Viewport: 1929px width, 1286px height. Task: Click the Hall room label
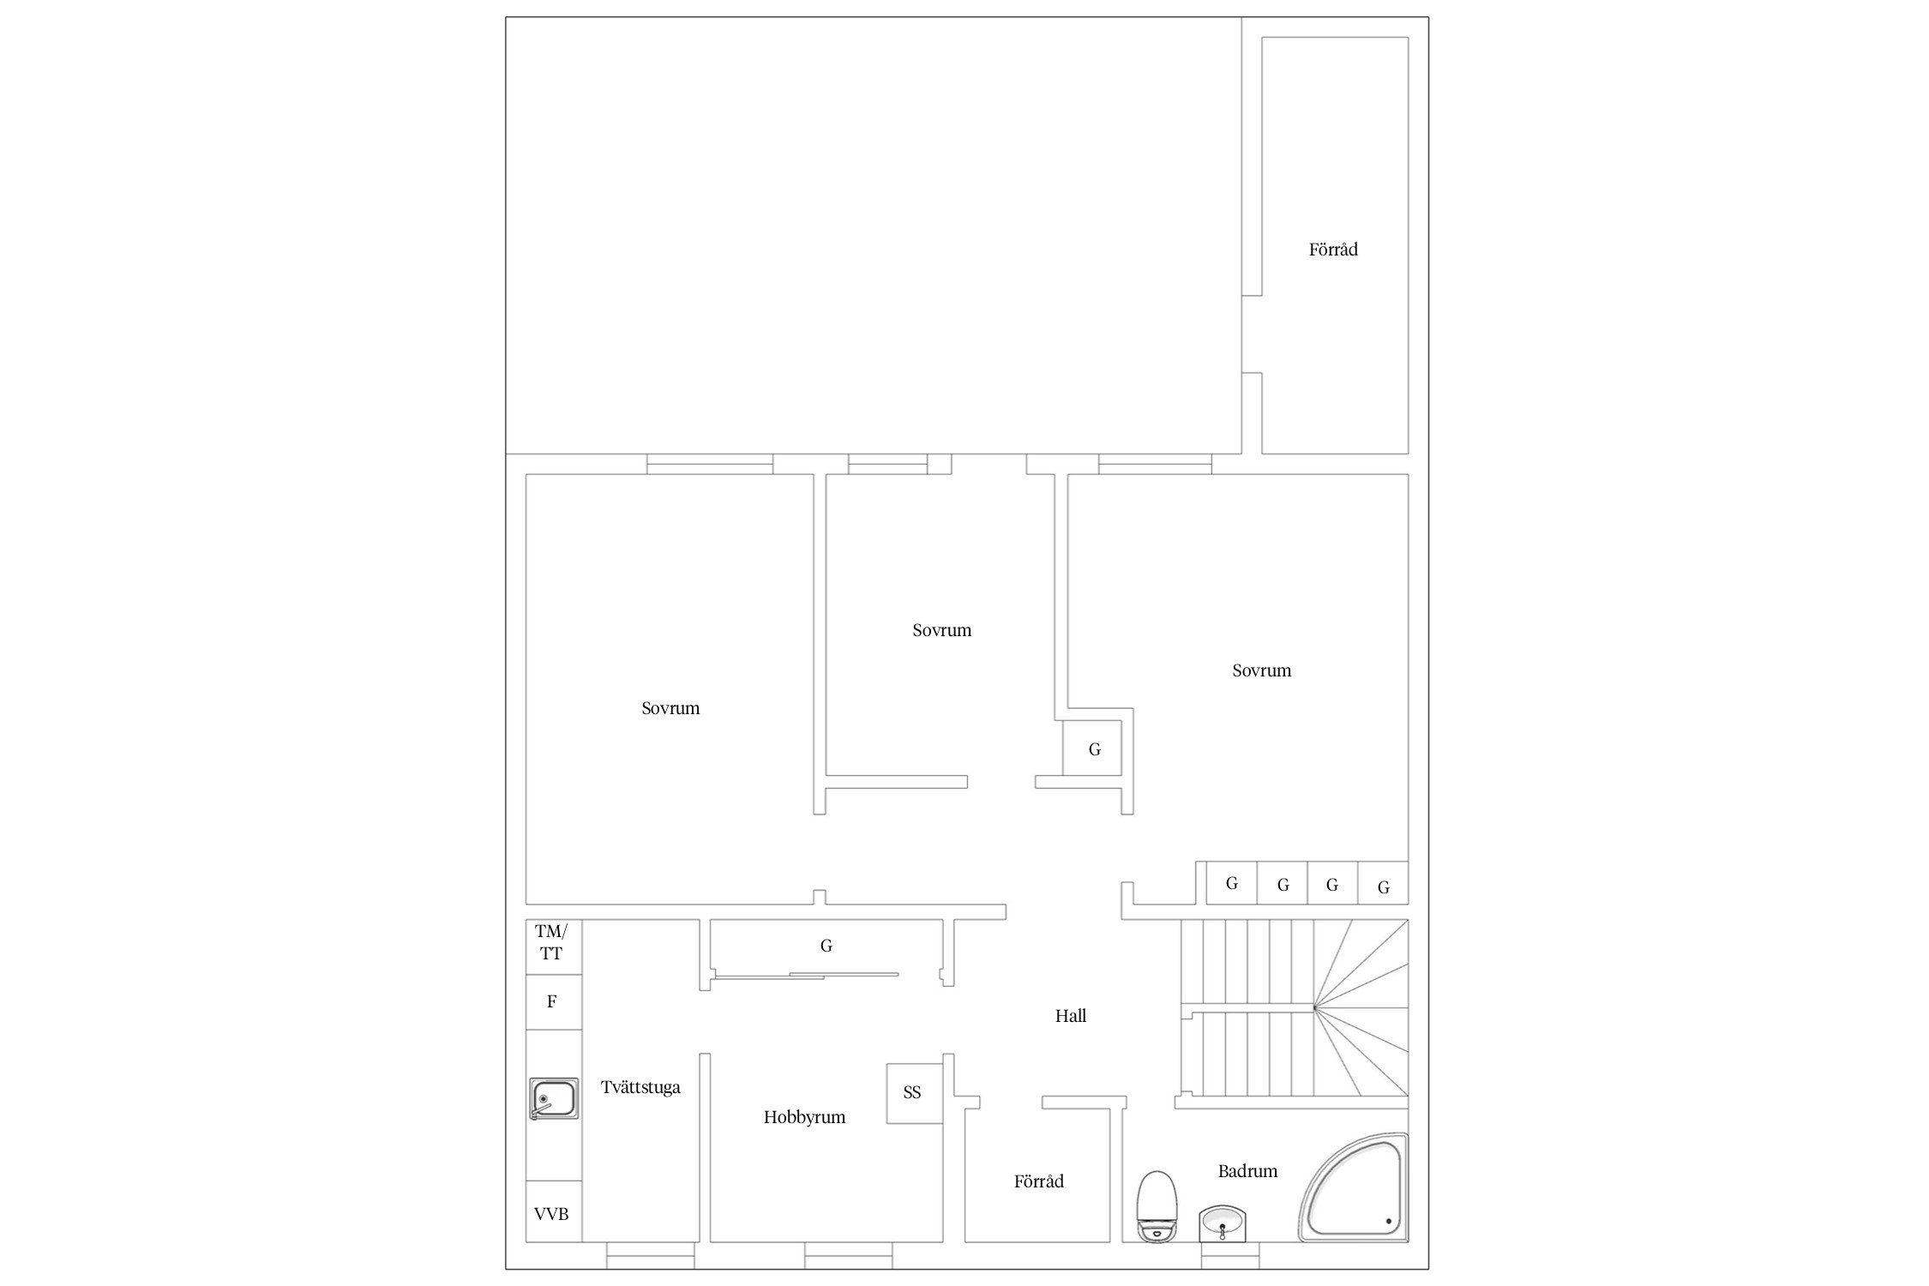tap(1070, 1016)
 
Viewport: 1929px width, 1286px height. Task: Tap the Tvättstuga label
tap(640, 1087)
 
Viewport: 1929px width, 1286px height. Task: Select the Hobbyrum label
tap(804, 1117)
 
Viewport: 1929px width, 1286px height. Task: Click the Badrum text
tap(1247, 1171)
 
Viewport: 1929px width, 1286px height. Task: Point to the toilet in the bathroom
tap(1157, 1206)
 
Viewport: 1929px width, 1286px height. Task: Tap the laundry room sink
tap(554, 1098)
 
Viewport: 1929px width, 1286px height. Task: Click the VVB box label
tap(551, 1214)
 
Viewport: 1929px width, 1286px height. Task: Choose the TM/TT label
tap(551, 941)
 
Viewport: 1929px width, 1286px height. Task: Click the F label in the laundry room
tap(552, 1001)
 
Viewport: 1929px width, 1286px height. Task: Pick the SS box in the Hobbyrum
tap(915, 1093)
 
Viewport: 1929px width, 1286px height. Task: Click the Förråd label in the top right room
tap(1333, 249)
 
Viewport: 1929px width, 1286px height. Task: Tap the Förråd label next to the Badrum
tap(1038, 1181)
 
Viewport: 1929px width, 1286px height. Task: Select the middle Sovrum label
tap(941, 630)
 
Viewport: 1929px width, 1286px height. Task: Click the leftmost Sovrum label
tap(670, 708)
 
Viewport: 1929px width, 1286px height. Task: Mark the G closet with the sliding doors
tap(826, 952)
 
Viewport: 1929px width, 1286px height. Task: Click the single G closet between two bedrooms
tap(1092, 748)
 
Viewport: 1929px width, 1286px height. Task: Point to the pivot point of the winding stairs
tap(1314, 1008)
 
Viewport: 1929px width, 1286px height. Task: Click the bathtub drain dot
tap(1388, 1222)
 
